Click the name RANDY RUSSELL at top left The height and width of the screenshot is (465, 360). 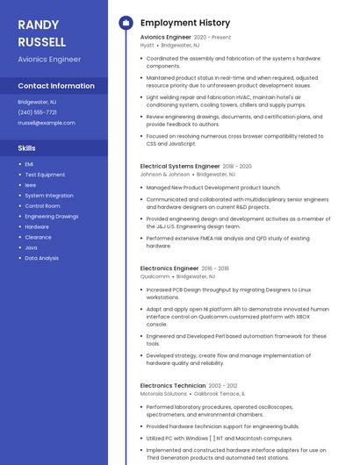41,33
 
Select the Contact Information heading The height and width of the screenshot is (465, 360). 56,86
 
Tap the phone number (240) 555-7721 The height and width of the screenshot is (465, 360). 37,112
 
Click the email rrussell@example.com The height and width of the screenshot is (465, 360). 47,123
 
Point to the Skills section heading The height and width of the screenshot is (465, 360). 27,148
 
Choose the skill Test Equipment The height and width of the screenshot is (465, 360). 45,175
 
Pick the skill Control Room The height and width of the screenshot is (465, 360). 42,206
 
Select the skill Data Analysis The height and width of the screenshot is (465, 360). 42,258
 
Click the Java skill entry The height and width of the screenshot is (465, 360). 31,247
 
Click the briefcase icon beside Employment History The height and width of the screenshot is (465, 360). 125,22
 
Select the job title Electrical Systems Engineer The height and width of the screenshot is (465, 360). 180,166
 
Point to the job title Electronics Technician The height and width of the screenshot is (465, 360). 173,385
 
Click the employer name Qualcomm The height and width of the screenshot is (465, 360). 155,276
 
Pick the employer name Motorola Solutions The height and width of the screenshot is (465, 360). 163,394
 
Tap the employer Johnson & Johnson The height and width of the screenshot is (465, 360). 165,175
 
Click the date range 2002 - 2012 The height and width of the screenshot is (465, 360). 223,385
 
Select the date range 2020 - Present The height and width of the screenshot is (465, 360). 212,38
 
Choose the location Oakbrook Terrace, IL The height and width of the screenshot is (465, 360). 220,394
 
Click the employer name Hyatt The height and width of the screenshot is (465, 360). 148,46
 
